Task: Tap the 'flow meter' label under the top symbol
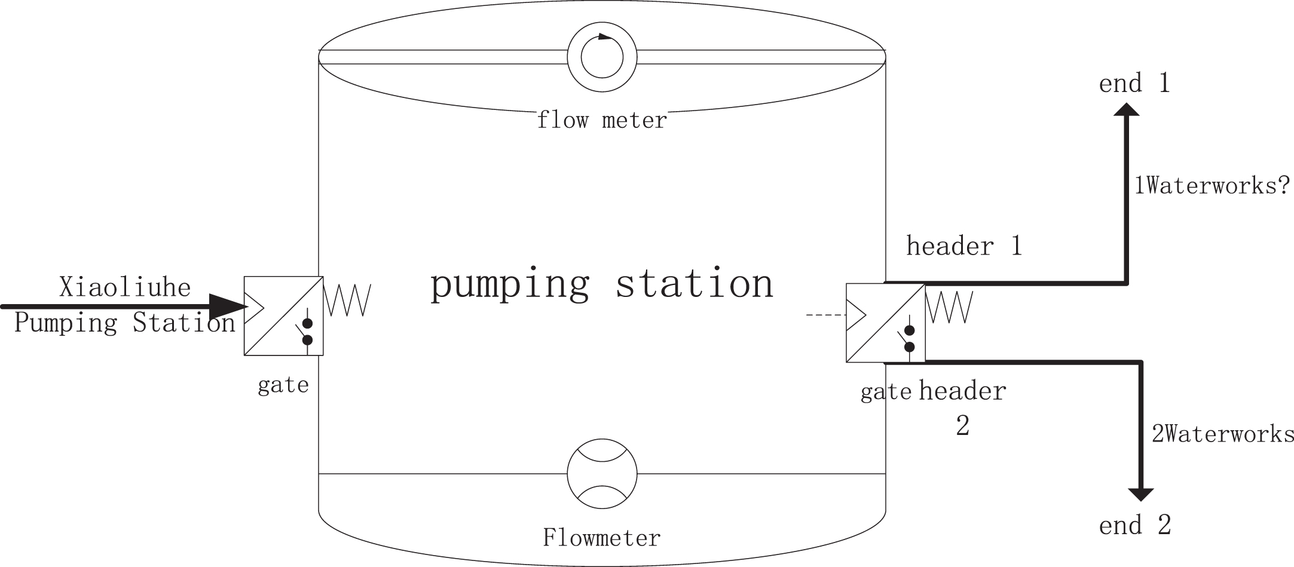(601, 121)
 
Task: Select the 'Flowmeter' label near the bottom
(601, 538)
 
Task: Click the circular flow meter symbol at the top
(602, 57)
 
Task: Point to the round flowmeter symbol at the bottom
(602, 474)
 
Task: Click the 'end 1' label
(1134, 83)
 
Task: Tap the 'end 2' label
(1134, 525)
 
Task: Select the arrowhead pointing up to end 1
(1127, 109)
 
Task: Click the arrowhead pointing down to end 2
(1140, 495)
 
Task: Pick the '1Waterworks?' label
(1212, 186)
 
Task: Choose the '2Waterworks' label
(1222, 434)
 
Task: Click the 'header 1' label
(964, 246)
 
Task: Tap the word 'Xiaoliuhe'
(125, 287)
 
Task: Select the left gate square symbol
(283, 316)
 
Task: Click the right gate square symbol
(885, 323)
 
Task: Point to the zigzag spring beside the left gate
(347, 300)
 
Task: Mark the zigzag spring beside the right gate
(949, 307)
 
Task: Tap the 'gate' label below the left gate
(283, 385)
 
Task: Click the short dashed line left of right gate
(825, 314)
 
